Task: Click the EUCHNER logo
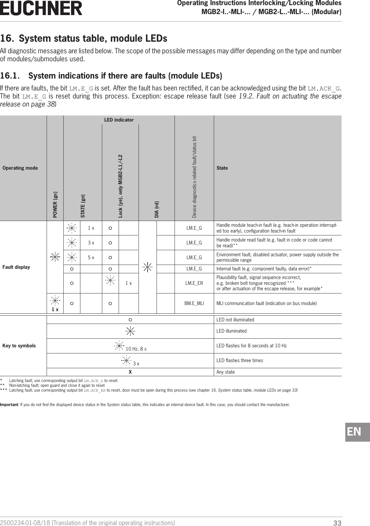(41, 8)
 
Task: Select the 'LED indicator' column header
(119, 120)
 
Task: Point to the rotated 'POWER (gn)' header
(56, 204)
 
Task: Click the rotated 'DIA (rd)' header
(157, 209)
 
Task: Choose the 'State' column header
(222, 168)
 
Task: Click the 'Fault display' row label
(16, 267)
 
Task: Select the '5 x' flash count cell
(91, 257)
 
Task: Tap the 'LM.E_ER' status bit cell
(194, 283)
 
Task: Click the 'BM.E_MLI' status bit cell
(194, 303)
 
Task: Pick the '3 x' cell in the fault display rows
(91, 243)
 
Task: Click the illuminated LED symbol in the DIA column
(148, 267)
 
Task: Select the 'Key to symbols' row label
(19, 346)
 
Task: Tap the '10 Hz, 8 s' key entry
(136, 349)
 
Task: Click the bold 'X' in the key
(130, 372)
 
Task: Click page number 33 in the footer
(337, 523)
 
